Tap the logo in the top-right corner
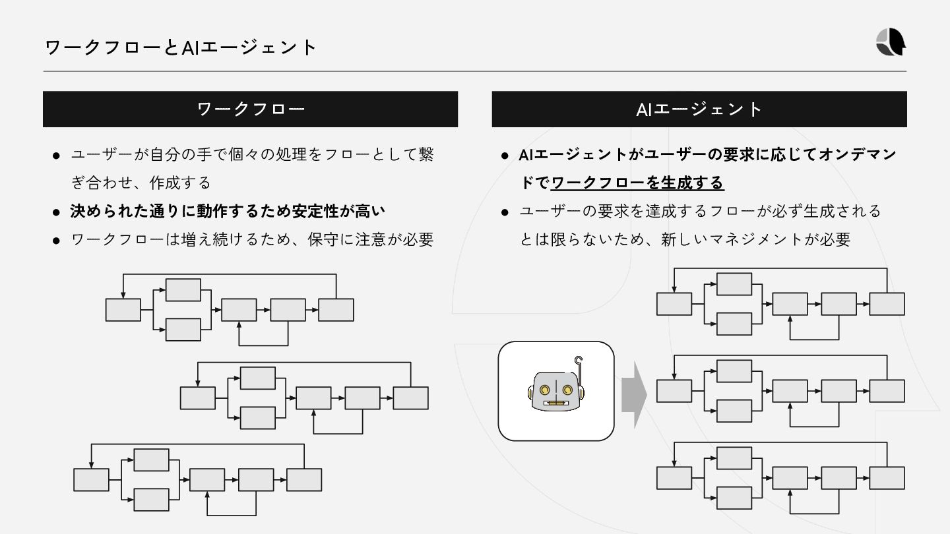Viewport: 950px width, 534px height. (x=891, y=44)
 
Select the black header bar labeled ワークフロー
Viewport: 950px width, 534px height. (x=250, y=109)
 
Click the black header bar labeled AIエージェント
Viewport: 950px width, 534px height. (x=699, y=109)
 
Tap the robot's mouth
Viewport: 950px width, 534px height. (x=557, y=403)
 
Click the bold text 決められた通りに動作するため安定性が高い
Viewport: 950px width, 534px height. (x=228, y=211)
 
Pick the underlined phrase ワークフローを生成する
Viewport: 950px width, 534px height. (x=637, y=183)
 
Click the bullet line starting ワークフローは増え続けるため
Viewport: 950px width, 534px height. (x=251, y=239)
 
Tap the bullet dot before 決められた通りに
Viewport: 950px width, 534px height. (x=57, y=212)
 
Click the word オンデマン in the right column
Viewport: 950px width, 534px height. (x=857, y=154)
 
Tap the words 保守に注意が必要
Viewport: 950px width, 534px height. (x=370, y=239)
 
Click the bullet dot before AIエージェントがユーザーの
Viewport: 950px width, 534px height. (x=505, y=156)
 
